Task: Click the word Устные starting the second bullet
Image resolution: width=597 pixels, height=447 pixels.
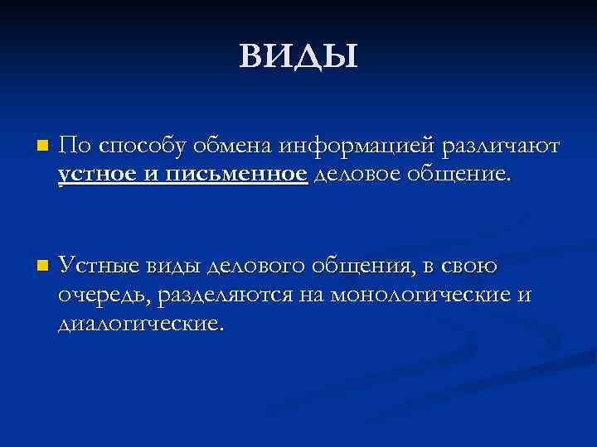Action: [x=101, y=266]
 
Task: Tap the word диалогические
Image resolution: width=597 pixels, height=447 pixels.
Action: [x=141, y=324]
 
